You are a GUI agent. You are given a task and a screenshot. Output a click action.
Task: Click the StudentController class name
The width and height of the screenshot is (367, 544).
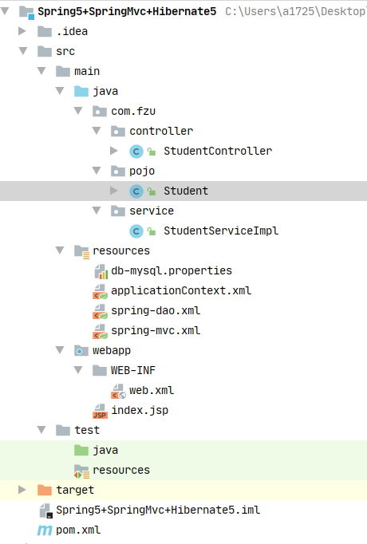(x=218, y=151)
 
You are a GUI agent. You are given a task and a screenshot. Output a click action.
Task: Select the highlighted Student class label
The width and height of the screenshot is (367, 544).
(x=186, y=191)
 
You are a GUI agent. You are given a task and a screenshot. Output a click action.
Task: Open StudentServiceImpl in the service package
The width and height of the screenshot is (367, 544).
(x=221, y=231)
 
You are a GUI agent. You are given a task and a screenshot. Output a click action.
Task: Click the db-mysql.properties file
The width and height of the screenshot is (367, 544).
(x=172, y=270)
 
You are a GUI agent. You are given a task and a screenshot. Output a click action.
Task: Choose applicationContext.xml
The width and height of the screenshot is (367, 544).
(x=181, y=290)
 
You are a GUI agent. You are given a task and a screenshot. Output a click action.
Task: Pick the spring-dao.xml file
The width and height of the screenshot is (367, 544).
(x=156, y=310)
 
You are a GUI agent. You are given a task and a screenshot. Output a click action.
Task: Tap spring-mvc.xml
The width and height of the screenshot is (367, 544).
(x=156, y=330)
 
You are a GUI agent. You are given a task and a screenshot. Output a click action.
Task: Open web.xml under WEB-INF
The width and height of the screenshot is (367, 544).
(x=152, y=390)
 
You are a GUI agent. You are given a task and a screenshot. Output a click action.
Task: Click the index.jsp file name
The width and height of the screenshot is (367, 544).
(x=140, y=411)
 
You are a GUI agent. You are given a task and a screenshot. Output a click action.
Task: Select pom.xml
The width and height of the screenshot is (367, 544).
(x=78, y=530)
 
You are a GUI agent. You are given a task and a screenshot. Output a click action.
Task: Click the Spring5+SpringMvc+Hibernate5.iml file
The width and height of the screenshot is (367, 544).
(x=158, y=510)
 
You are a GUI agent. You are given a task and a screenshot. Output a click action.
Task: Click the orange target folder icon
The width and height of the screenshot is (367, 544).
(x=45, y=490)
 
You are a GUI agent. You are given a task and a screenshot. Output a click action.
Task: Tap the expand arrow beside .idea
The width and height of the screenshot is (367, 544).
(x=22, y=31)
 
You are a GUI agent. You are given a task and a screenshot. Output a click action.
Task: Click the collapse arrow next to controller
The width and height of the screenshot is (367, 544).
(x=97, y=131)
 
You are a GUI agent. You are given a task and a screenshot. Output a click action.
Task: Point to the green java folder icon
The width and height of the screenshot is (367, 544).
(x=81, y=450)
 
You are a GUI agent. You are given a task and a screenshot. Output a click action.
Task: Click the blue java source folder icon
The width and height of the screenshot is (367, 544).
(x=81, y=91)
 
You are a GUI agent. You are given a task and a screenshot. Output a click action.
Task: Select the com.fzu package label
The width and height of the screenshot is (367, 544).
(x=133, y=111)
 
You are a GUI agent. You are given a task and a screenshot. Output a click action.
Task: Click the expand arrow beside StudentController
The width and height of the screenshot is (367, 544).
(x=113, y=151)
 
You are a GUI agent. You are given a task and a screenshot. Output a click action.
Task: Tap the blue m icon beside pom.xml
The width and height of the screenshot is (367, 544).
(x=45, y=530)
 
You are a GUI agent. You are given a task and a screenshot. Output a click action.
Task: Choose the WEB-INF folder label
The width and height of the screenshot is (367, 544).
(x=133, y=370)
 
